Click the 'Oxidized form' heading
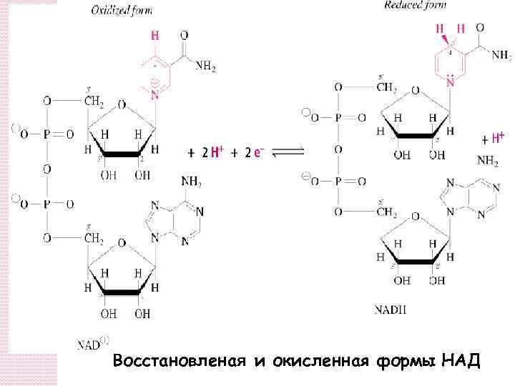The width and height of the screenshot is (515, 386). (x=121, y=11)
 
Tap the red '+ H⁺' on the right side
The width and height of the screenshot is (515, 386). (x=493, y=137)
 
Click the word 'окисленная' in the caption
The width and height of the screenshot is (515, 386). (x=315, y=362)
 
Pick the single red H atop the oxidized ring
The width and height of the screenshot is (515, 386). (x=154, y=35)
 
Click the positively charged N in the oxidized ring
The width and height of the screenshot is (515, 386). (x=154, y=92)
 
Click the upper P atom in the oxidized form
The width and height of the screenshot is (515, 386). (x=47, y=134)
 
